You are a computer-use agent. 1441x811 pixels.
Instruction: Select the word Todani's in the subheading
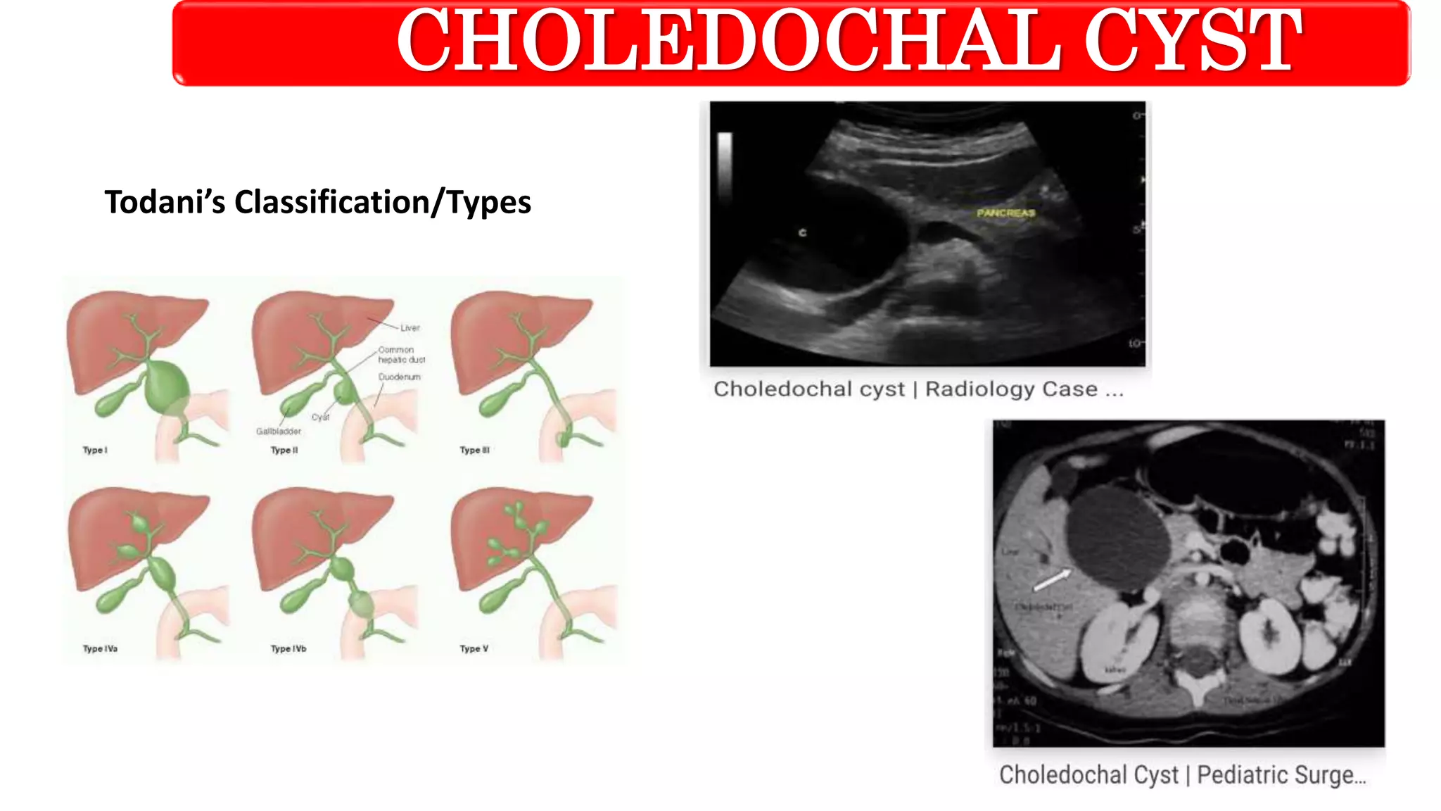click(164, 202)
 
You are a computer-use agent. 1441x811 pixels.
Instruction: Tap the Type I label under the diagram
click(95, 450)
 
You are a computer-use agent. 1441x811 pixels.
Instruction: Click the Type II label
click(284, 450)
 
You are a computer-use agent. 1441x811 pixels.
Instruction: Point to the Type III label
click(474, 450)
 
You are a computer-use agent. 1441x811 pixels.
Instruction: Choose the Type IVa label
click(100, 648)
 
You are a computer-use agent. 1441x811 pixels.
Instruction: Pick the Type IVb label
click(288, 648)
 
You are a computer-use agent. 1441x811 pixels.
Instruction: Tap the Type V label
click(474, 648)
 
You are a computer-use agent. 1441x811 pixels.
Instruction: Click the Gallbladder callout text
click(279, 431)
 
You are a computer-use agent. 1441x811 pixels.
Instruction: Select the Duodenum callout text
click(399, 377)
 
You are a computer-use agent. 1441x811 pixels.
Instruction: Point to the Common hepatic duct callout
click(401, 354)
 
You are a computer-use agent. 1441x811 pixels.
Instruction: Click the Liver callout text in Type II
click(410, 328)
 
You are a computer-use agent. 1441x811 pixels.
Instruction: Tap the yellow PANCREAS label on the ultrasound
click(1005, 213)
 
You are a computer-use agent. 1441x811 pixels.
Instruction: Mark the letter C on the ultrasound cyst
click(802, 232)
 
